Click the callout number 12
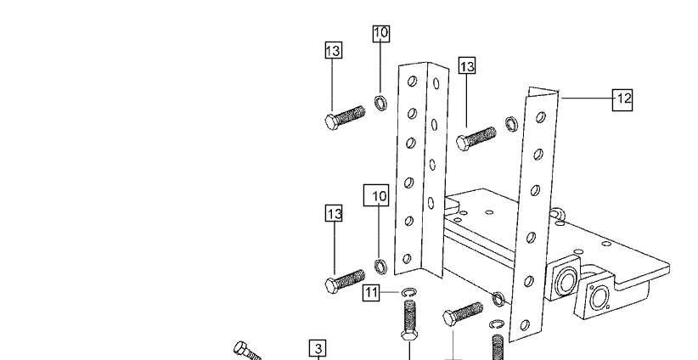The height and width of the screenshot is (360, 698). click(622, 99)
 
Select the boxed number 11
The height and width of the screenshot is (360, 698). click(371, 293)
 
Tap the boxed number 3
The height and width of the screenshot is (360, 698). click(318, 348)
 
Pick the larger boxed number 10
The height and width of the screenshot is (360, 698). click(376, 195)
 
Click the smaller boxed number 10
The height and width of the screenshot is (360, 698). click(381, 34)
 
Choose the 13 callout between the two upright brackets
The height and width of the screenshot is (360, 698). click(467, 66)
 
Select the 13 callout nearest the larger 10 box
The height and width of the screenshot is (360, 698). click(335, 213)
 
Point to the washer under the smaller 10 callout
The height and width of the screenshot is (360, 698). click(380, 103)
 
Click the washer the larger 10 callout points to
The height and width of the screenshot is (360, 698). click(380, 267)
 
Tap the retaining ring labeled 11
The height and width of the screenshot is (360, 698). click(409, 292)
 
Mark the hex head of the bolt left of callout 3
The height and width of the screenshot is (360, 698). click(241, 347)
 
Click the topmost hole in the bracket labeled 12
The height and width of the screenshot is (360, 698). click(540, 117)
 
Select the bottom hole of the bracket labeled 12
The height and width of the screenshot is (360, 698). click(525, 325)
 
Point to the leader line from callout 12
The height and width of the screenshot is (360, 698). click(587, 98)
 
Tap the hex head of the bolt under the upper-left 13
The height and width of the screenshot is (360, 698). click(332, 122)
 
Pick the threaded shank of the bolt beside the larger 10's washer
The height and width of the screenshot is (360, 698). click(351, 279)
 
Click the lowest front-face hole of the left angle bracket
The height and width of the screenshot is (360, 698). click(407, 259)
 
